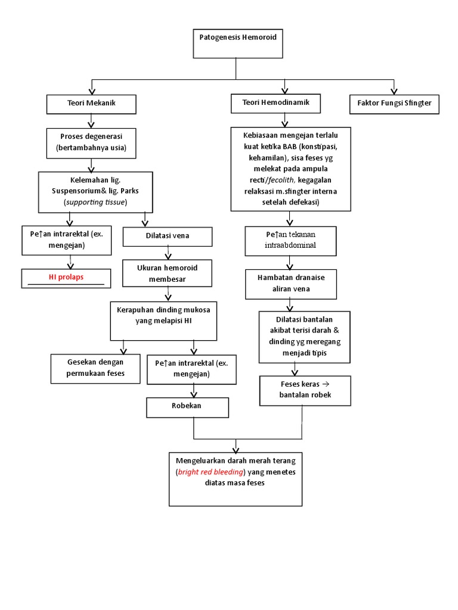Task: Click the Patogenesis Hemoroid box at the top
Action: point(237,43)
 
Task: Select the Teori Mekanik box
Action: point(91,104)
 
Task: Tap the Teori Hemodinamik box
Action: point(275,104)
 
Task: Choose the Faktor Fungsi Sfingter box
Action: point(394,104)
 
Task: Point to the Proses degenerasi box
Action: point(91,142)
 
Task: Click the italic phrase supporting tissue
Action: point(96,202)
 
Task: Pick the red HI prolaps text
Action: point(66,278)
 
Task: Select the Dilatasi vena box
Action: point(167,236)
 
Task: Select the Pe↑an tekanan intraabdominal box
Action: point(290,240)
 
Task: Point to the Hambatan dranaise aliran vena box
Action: point(290,284)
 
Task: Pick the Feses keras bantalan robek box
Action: point(305,390)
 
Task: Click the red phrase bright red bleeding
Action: point(211,472)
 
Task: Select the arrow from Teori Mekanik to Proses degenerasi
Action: point(91,120)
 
